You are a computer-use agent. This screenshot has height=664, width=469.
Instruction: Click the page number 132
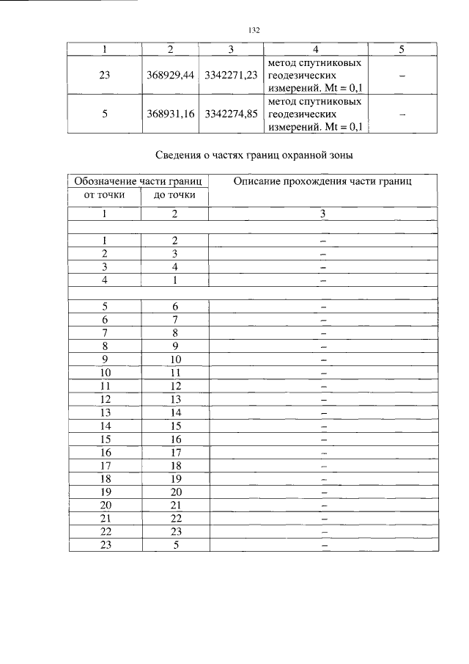click(254, 30)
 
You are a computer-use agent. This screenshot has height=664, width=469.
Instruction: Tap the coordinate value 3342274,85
click(232, 114)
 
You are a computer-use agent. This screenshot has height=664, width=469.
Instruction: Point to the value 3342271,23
click(232, 75)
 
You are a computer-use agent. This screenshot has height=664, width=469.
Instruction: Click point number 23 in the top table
click(104, 75)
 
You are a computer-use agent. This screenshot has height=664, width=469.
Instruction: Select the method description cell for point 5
click(315, 114)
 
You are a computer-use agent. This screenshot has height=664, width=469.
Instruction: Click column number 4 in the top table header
click(315, 50)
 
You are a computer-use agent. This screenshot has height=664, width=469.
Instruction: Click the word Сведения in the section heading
click(180, 156)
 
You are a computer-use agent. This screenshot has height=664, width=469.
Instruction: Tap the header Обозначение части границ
click(139, 181)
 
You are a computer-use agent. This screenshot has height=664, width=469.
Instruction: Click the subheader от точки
click(104, 195)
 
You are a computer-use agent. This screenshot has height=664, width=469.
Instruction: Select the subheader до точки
click(174, 195)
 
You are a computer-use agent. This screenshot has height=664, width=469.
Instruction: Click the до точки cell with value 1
click(174, 280)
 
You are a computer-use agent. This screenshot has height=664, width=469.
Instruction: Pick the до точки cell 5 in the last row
click(174, 545)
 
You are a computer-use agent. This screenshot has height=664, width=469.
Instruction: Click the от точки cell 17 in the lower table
click(104, 465)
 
